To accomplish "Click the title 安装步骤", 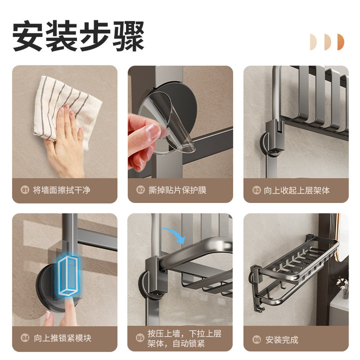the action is click(x=78, y=36).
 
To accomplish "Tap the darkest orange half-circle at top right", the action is click(x=340, y=42).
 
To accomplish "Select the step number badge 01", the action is click(x=25, y=190).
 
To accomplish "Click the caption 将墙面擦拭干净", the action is click(x=61, y=190).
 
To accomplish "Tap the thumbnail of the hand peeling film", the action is click(x=180, y=122).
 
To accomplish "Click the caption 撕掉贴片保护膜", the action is click(x=177, y=190).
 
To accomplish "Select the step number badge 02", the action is click(x=140, y=190).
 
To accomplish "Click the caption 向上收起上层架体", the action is click(x=296, y=190).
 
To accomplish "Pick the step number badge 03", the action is click(x=256, y=190).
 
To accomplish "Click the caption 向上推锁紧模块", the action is click(x=62, y=338).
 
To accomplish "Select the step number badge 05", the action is click(x=140, y=338).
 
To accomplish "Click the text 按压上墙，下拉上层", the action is click(x=184, y=333).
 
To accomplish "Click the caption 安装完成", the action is click(x=281, y=340).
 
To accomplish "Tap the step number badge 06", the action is click(x=256, y=339).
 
